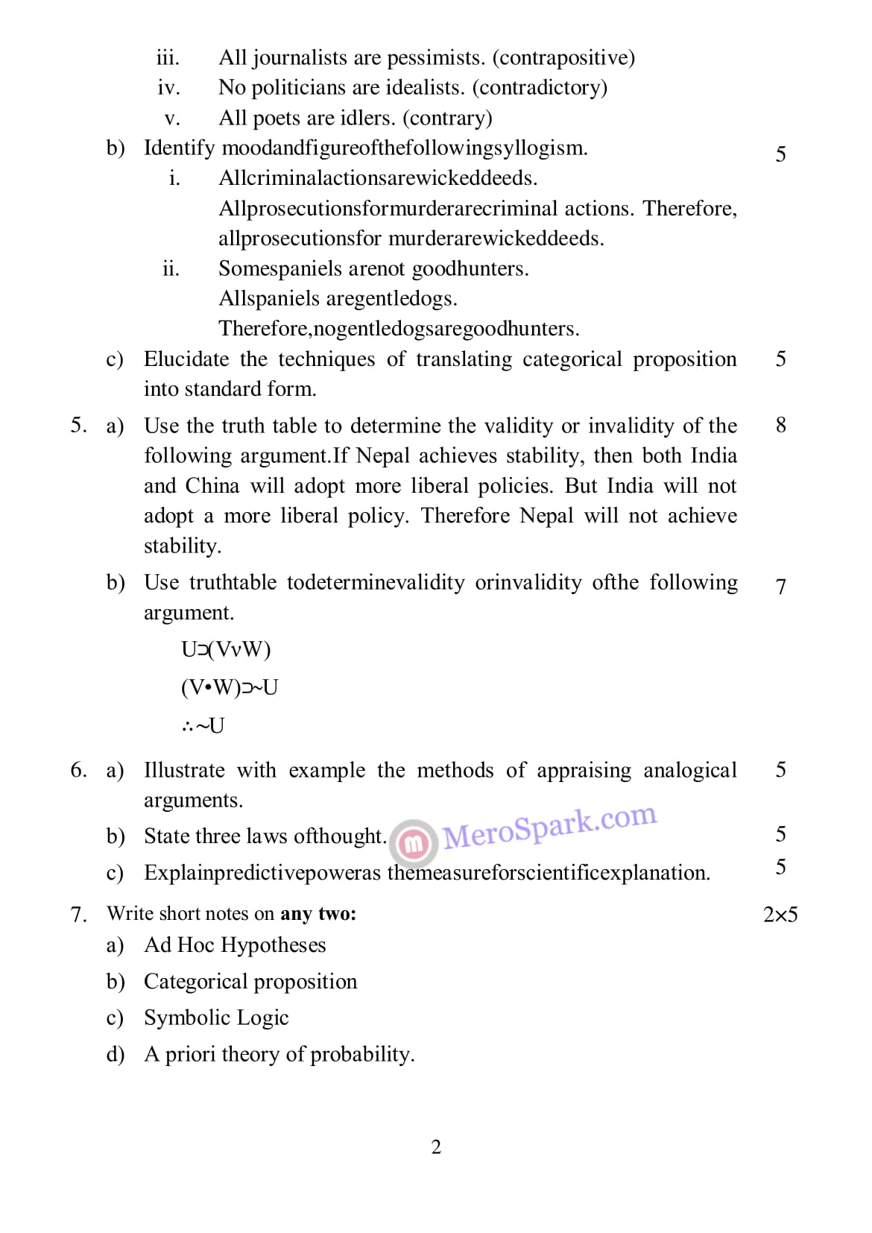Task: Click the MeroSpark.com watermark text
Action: click(550, 827)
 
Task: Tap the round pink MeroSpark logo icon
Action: click(414, 842)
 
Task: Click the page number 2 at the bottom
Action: click(436, 1147)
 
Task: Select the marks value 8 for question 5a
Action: click(780, 425)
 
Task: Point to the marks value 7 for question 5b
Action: click(780, 587)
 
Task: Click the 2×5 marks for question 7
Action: click(780, 914)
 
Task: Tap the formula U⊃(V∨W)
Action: click(226, 649)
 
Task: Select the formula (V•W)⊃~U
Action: click(229, 687)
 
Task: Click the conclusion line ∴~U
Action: click(202, 725)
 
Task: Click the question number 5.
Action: click(78, 425)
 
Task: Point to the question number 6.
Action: click(78, 769)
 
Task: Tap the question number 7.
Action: click(78, 914)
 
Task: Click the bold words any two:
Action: click(318, 913)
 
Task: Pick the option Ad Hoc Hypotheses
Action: click(235, 945)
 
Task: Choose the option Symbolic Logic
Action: click(216, 1018)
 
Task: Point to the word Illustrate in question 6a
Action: click(184, 769)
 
